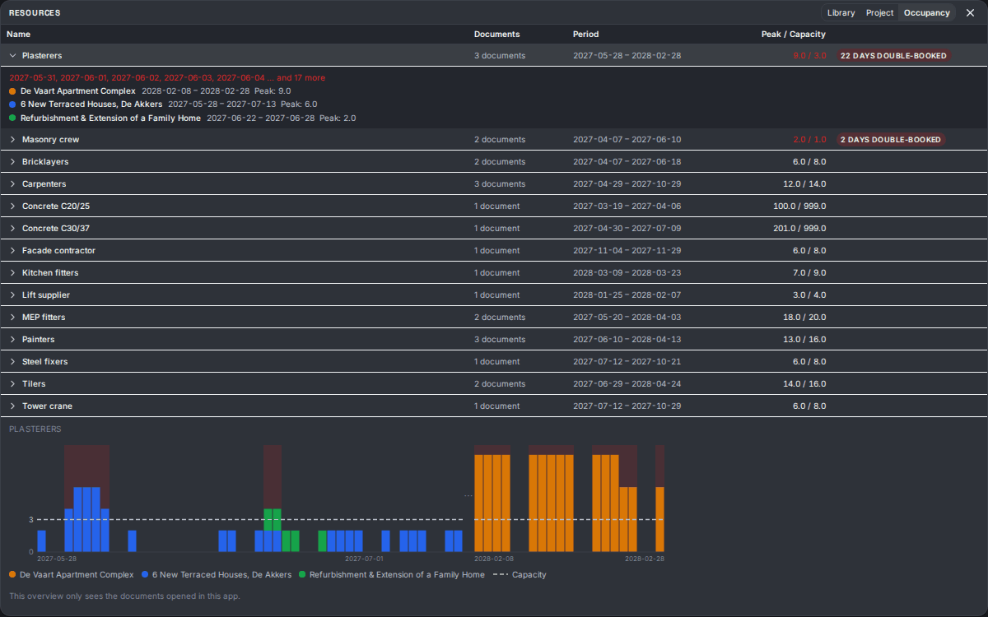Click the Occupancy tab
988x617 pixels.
pos(927,13)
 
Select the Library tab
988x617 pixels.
pos(841,13)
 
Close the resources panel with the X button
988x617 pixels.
pos(970,13)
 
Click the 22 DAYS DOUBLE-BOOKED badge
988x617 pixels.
pos(893,56)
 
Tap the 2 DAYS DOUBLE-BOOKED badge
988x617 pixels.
pos(891,139)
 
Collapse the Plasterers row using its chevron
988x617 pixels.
pos(12,56)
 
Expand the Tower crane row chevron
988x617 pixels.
pos(12,406)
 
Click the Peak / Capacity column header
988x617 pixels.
pos(793,34)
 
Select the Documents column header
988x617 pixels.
pos(496,34)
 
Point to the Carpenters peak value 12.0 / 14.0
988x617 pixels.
pos(804,183)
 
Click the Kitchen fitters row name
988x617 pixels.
pos(50,273)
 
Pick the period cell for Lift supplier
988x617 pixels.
pos(627,295)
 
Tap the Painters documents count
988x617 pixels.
pos(500,339)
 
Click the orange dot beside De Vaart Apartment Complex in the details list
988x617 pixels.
pos(12,91)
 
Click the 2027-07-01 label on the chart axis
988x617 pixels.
pos(364,559)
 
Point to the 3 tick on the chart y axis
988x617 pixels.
pos(31,520)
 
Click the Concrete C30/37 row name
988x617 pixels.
pos(56,229)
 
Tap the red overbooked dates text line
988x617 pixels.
pos(167,77)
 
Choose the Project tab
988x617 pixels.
pos(879,13)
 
